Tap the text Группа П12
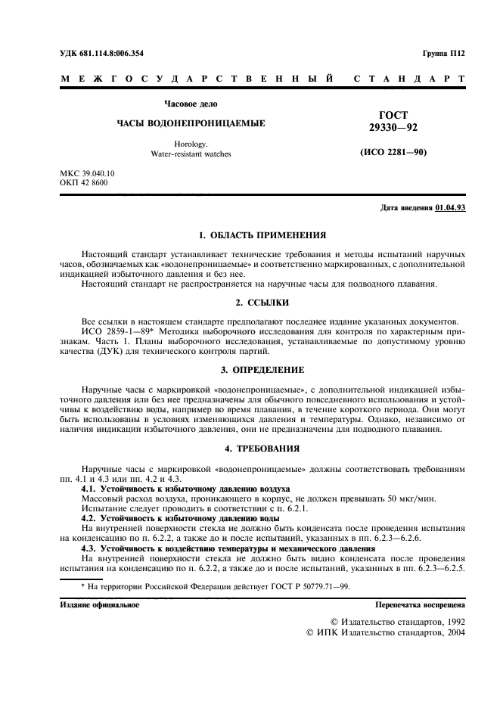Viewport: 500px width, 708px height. [445, 53]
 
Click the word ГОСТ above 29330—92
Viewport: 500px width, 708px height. [393, 115]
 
